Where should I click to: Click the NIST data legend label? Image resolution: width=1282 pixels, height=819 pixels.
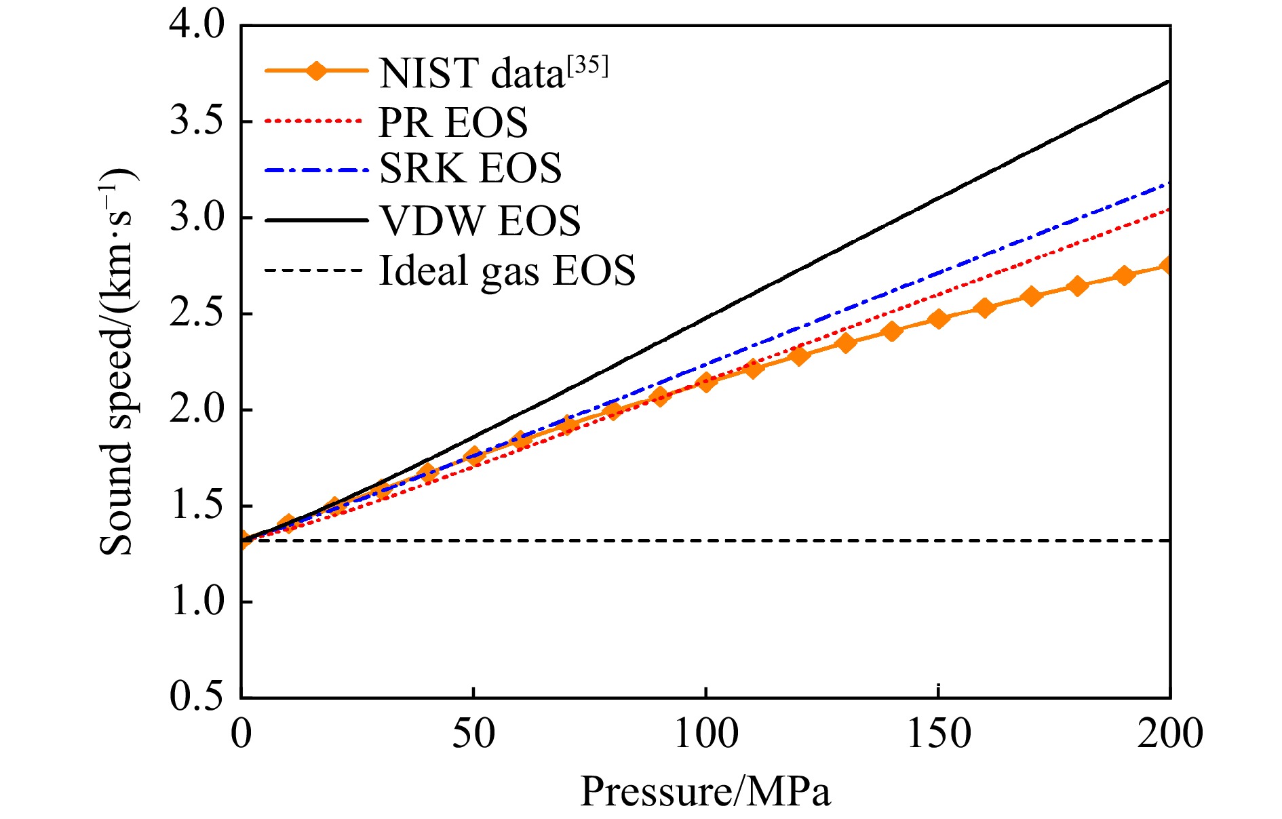point(471,73)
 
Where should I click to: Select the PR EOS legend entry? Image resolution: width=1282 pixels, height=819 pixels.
point(453,122)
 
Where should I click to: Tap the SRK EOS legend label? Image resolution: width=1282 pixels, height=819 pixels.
point(470,169)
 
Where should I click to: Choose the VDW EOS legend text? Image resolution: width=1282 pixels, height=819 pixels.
point(480,220)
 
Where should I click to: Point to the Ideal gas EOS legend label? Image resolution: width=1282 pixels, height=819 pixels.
point(507,271)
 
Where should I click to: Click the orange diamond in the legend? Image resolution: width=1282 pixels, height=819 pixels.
point(315,70)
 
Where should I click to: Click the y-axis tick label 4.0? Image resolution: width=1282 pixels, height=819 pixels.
point(196,27)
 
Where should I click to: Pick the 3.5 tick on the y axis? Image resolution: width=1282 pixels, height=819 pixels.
point(196,122)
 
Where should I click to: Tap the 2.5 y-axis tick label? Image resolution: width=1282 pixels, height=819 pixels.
point(196,314)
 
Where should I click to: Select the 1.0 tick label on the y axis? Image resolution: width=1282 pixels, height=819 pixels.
point(196,601)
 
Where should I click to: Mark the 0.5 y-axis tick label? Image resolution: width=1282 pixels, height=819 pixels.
point(196,696)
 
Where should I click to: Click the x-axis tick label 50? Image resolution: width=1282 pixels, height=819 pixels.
point(473,734)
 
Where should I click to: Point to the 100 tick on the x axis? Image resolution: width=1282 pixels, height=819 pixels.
point(705,734)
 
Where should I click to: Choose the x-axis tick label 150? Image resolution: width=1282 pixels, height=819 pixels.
point(938,734)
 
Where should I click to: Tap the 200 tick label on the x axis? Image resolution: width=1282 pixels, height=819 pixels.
point(1170,734)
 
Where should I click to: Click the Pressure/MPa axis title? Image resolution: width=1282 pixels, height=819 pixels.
point(705,791)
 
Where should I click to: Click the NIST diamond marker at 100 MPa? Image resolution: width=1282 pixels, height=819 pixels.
point(706,382)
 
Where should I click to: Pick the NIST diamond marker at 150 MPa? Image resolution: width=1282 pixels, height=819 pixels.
point(938,319)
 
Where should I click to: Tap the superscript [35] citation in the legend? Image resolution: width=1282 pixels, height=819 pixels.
point(588,66)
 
